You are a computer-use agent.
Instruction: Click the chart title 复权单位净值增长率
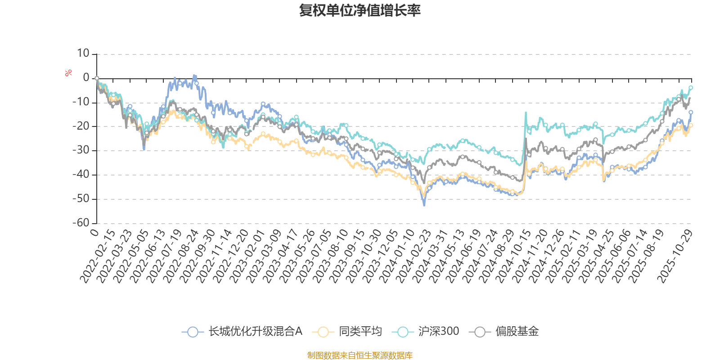(x=360, y=11)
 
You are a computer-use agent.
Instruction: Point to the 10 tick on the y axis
(x=83, y=54)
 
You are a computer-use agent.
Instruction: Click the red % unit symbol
(x=68, y=73)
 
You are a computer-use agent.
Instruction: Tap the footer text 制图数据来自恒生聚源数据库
(x=360, y=355)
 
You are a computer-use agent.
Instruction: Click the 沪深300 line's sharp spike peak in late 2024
(x=526, y=112)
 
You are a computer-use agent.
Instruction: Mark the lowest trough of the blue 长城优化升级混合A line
(x=424, y=205)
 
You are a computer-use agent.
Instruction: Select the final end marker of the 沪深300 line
(x=691, y=87)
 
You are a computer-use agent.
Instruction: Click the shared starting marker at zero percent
(x=97, y=78)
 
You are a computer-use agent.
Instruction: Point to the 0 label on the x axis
(x=94, y=232)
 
